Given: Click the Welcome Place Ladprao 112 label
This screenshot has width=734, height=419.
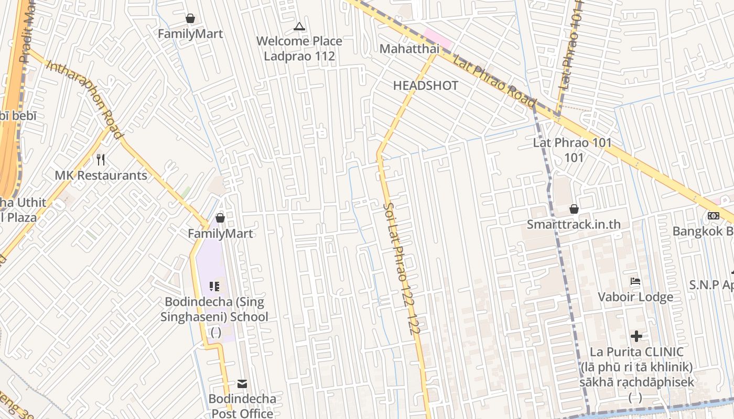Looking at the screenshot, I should [299, 48].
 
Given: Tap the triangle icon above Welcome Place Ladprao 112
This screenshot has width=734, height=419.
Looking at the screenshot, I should [299, 26].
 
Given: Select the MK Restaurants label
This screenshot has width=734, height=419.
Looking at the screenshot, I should [101, 175].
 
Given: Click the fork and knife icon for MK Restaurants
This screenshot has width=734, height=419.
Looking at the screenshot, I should [101, 159].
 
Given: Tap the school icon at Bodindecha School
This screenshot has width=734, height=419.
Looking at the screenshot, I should [214, 286].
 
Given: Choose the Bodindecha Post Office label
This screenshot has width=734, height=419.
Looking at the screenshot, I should [242, 406].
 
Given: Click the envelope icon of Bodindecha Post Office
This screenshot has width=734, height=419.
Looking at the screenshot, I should [242, 384].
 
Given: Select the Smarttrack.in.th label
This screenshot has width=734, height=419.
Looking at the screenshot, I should [574, 224].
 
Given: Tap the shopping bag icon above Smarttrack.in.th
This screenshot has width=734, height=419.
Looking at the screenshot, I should [574, 209].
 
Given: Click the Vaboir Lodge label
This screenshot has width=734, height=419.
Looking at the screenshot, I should [635, 297].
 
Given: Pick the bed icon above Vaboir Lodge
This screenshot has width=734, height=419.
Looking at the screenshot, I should [635, 281].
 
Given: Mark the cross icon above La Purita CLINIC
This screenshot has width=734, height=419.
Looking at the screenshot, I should [636, 336].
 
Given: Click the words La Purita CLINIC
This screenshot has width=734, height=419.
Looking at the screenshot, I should [636, 352].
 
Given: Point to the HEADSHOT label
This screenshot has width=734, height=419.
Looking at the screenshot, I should [426, 85].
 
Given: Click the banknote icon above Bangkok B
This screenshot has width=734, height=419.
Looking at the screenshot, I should [713, 215].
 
